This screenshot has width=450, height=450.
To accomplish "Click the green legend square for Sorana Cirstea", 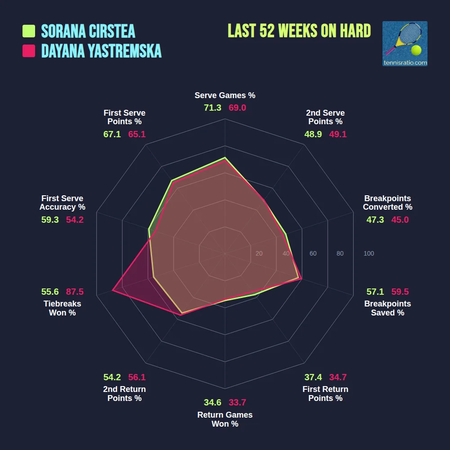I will tap(29, 31).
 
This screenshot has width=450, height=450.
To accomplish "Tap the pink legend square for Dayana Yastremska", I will tap(29, 51).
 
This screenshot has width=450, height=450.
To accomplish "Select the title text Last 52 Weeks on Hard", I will tap(299, 31).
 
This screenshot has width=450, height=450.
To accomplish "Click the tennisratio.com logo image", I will tap(405, 44).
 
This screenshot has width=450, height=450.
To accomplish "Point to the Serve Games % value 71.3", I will tap(212, 108).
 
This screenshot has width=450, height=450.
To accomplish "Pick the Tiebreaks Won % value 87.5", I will tap(75, 292).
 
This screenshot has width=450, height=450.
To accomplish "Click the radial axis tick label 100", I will tap(369, 254).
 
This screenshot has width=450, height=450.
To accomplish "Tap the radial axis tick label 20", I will tap(259, 254).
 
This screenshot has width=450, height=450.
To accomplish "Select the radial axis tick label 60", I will tap(313, 254).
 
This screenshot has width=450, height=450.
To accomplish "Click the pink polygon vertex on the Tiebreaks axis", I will tap(112, 291).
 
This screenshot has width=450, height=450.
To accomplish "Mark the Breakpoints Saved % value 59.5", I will tap(400, 292).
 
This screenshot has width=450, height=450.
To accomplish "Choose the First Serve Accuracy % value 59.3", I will tap(50, 220).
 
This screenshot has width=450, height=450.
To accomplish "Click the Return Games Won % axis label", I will tap(225, 419).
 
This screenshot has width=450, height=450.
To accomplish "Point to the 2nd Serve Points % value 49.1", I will tap(338, 134).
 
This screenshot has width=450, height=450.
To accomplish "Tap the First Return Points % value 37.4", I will tap(313, 377).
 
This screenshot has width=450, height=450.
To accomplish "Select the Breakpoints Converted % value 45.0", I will tap(400, 220).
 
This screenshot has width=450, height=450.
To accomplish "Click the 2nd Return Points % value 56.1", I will tap(137, 377).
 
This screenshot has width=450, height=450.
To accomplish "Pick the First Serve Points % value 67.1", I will tap(112, 134).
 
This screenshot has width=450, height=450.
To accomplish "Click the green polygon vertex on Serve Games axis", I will tap(225, 158).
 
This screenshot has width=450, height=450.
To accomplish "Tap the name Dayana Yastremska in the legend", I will tap(101, 51).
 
